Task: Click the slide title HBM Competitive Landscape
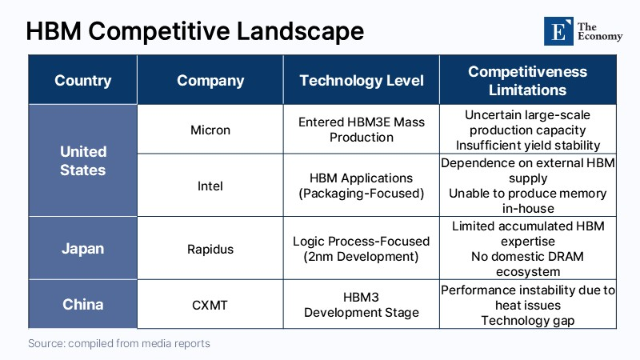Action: pos(194,31)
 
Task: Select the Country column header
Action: pos(83,81)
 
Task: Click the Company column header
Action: pos(210,81)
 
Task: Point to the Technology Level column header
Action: pos(362,81)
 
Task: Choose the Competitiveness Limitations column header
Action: pos(527,81)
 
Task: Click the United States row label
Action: pos(83,160)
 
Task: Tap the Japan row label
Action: pos(83,248)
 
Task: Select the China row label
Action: pos(83,304)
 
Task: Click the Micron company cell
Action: pos(210,130)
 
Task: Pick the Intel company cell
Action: pos(210,186)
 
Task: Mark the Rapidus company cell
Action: pos(210,249)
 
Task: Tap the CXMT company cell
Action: pos(210,304)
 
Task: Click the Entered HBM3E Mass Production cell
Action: pos(362,130)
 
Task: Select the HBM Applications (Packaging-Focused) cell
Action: pos(362,186)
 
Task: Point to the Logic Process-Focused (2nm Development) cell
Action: pos(362,249)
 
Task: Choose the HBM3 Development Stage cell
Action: pos(362,304)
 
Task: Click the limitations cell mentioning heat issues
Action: pos(527,305)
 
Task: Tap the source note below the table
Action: pos(118,343)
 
